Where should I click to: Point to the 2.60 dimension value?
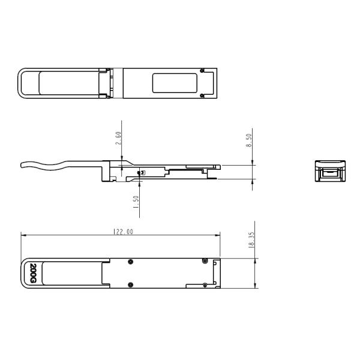119,139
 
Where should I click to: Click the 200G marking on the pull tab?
34,273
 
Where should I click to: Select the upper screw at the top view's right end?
202,71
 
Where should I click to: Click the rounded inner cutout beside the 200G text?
66,273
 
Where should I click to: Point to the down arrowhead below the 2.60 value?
122,160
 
